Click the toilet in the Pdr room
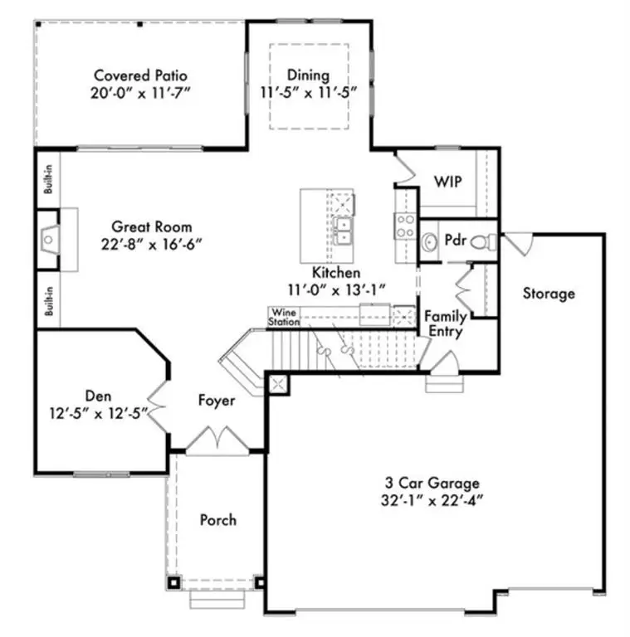coord(484,242)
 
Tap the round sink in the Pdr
coord(428,242)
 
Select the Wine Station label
coord(284,317)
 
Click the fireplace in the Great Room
coord(49,240)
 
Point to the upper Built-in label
coord(48,179)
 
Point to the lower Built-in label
coord(49,301)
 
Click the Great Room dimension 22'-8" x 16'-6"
coord(152,244)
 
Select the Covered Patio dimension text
coord(140,93)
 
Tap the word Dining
coord(308,75)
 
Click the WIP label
coord(447,182)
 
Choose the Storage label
coord(549,294)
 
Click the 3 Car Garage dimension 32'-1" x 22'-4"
coord(432,500)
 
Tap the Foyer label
coord(217,401)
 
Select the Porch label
coord(218,520)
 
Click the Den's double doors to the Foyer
coord(158,406)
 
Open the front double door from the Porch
coord(217,440)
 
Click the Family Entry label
coord(446,323)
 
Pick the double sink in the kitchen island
coord(343,231)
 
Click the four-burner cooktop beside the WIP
coord(405,226)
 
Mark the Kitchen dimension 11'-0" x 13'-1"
coord(336,290)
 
